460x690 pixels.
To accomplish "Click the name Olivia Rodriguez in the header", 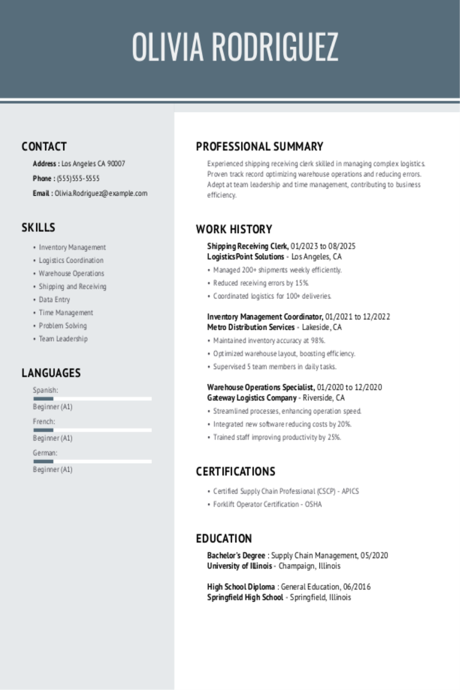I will (x=235, y=47).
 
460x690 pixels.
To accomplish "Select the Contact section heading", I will (x=44, y=147).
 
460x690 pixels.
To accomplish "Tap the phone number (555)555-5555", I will (x=78, y=178).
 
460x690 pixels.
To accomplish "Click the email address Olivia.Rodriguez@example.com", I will (x=101, y=193).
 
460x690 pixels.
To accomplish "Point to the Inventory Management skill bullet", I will (x=72, y=247).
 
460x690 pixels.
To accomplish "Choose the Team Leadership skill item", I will (x=63, y=339).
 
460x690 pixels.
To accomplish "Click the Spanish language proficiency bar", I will (x=92, y=398).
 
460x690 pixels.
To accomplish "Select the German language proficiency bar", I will (x=92, y=461).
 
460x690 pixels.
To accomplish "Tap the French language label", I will (x=44, y=422).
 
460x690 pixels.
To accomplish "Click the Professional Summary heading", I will (x=259, y=147).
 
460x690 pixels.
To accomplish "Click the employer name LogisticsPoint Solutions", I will (x=246, y=257).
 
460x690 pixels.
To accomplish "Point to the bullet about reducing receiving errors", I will (x=261, y=283).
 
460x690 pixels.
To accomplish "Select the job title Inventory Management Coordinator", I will (x=265, y=317).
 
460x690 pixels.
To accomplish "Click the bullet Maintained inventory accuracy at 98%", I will (x=269, y=341).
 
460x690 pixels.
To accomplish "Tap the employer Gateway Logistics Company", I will (x=252, y=398).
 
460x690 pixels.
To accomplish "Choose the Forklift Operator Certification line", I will (x=267, y=504).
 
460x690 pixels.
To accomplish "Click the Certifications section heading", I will (x=235, y=472).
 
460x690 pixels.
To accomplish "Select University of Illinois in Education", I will (x=239, y=566).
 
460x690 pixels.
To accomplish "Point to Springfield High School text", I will (x=245, y=598).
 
